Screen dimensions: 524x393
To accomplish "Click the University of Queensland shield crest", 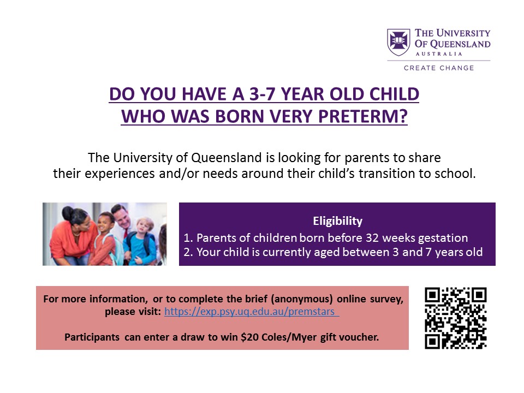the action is point(398,42).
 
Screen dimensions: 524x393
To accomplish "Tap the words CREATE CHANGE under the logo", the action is point(439,68).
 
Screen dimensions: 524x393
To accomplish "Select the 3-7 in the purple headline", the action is point(263,94).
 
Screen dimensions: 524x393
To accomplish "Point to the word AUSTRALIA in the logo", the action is point(439,54).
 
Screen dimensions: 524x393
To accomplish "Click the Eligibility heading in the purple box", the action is point(337,221).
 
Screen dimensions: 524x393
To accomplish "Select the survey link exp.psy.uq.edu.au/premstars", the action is point(252,312).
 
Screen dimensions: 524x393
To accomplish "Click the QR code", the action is point(455,318).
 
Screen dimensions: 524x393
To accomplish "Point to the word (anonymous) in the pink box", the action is point(301,299).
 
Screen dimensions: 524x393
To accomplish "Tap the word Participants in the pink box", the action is point(92,337).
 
